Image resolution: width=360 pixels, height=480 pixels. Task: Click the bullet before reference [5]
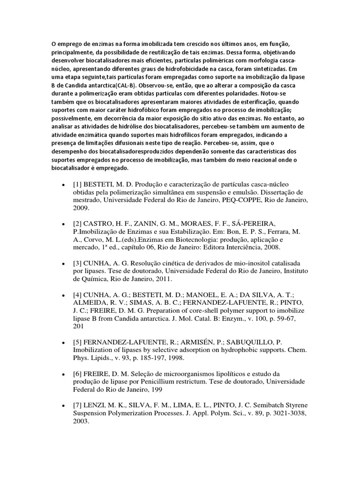(x=63, y=342)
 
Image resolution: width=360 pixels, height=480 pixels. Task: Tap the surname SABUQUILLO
(x=247, y=342)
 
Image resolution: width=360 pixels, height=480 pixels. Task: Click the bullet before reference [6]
(x=63, y=374)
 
